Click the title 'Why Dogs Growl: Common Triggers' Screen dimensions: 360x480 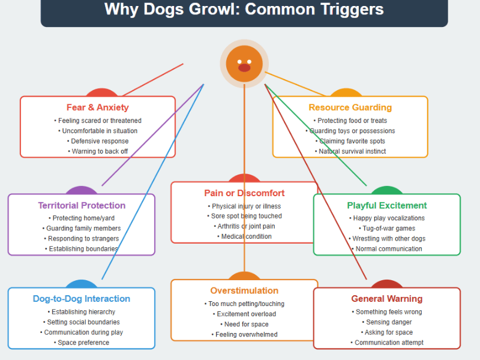244,10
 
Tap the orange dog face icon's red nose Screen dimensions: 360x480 244,68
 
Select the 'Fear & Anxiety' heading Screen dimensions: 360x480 98,108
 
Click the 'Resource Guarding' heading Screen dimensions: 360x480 350,108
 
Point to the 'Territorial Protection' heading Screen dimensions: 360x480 82,206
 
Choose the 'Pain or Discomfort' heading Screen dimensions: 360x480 244,194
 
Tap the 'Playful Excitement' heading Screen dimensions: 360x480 387,206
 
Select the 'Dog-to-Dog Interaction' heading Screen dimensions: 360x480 82,299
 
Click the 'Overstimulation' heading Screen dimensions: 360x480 244,291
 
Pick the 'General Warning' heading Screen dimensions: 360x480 387,299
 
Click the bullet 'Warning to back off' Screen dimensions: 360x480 98,151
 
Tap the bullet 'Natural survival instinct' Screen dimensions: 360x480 350,151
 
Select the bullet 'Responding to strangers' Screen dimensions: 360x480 82,239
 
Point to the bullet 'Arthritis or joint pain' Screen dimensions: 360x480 244,226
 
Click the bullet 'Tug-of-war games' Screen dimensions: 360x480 387,229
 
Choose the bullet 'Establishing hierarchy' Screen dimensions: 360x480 82,312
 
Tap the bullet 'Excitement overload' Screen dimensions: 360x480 244,314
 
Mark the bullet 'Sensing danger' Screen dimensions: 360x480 387,322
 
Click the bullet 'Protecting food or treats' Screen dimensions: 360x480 350,121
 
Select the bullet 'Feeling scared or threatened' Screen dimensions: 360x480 98,121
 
